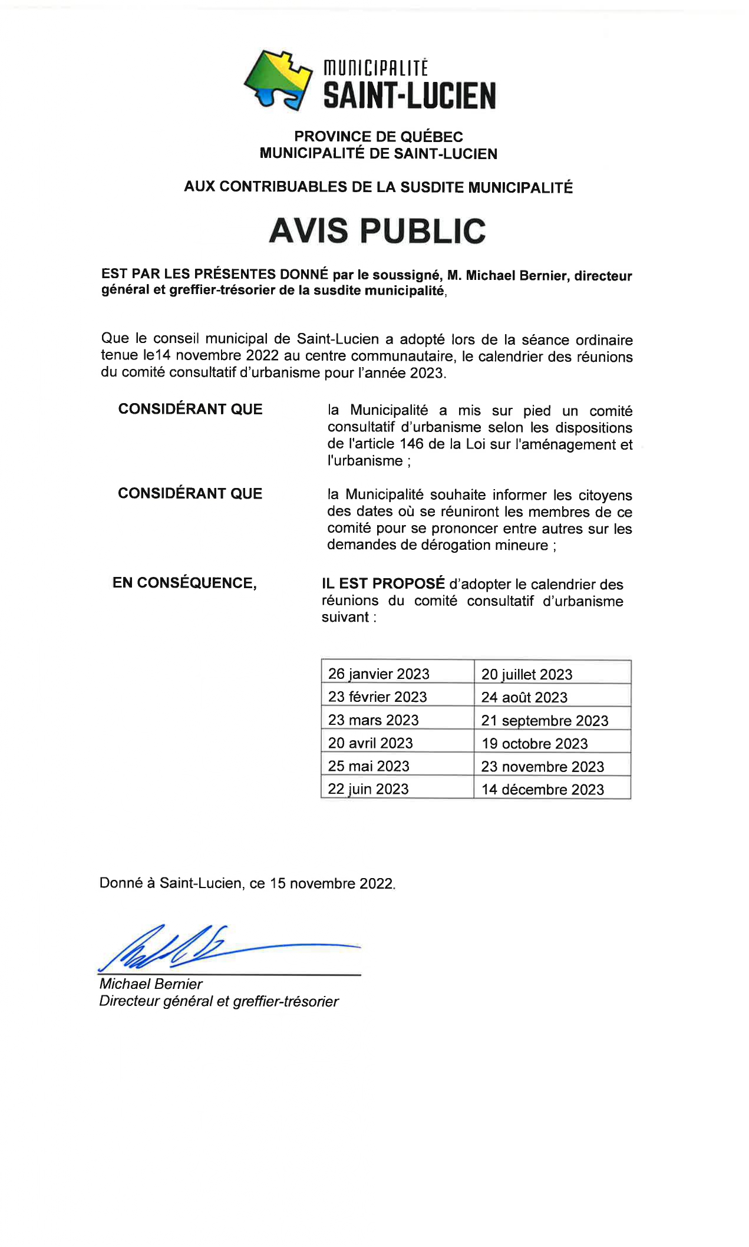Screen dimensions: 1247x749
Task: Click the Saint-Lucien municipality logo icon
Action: pos(278,80)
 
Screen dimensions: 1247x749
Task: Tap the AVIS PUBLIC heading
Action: pos(377,230)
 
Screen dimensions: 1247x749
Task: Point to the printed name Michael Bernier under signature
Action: pos(151,984)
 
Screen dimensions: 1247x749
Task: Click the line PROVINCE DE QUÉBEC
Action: pos(378,137)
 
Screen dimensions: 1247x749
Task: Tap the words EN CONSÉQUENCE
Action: pos(184,583)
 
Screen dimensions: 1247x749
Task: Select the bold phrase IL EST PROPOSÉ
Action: pos(383,583)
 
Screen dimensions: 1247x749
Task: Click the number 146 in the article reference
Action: pos(411,444)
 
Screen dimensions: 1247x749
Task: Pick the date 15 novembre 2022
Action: pos(331,883)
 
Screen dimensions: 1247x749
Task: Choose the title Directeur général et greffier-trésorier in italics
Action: pos(219,1001)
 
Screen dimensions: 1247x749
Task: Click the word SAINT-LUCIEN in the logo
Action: pos(410,96)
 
